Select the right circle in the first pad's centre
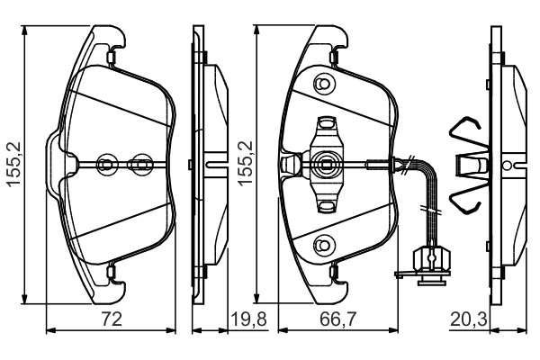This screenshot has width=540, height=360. pyautogui.click(x=139, y=164)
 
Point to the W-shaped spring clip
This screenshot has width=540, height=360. pyautogui.click(x=472, y=166)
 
